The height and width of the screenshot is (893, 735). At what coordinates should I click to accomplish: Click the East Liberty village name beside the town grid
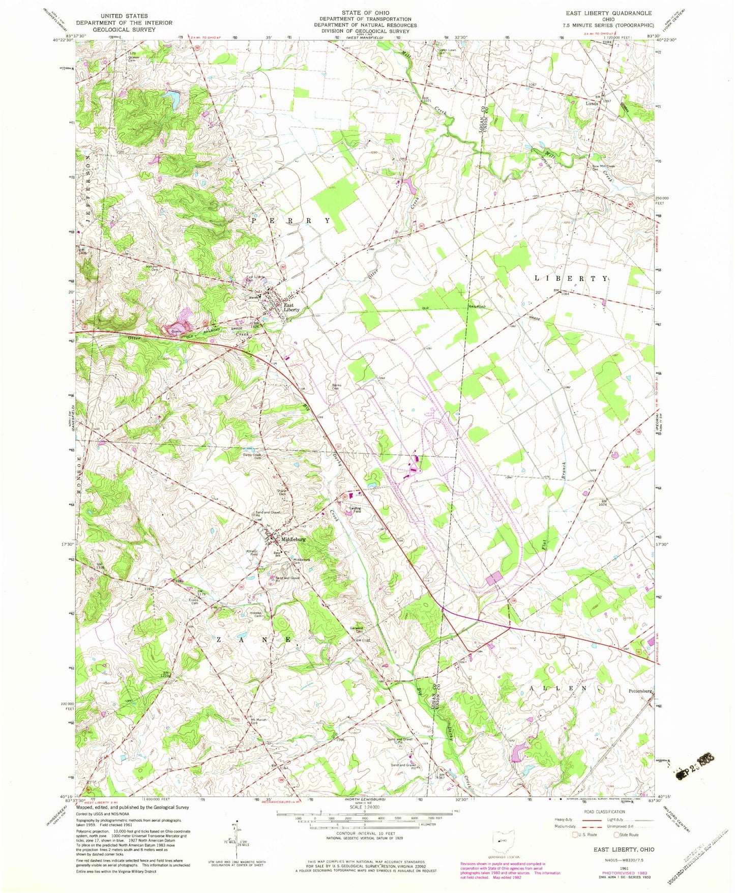tap(291, 307)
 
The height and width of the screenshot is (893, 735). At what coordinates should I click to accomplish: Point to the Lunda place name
tap(592, 103)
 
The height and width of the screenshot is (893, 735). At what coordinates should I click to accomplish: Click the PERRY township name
tap(291, 221)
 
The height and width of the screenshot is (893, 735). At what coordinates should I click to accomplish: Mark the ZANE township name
tap(254, 640)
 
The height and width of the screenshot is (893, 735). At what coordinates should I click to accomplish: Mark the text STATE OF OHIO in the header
tap(365, 12)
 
